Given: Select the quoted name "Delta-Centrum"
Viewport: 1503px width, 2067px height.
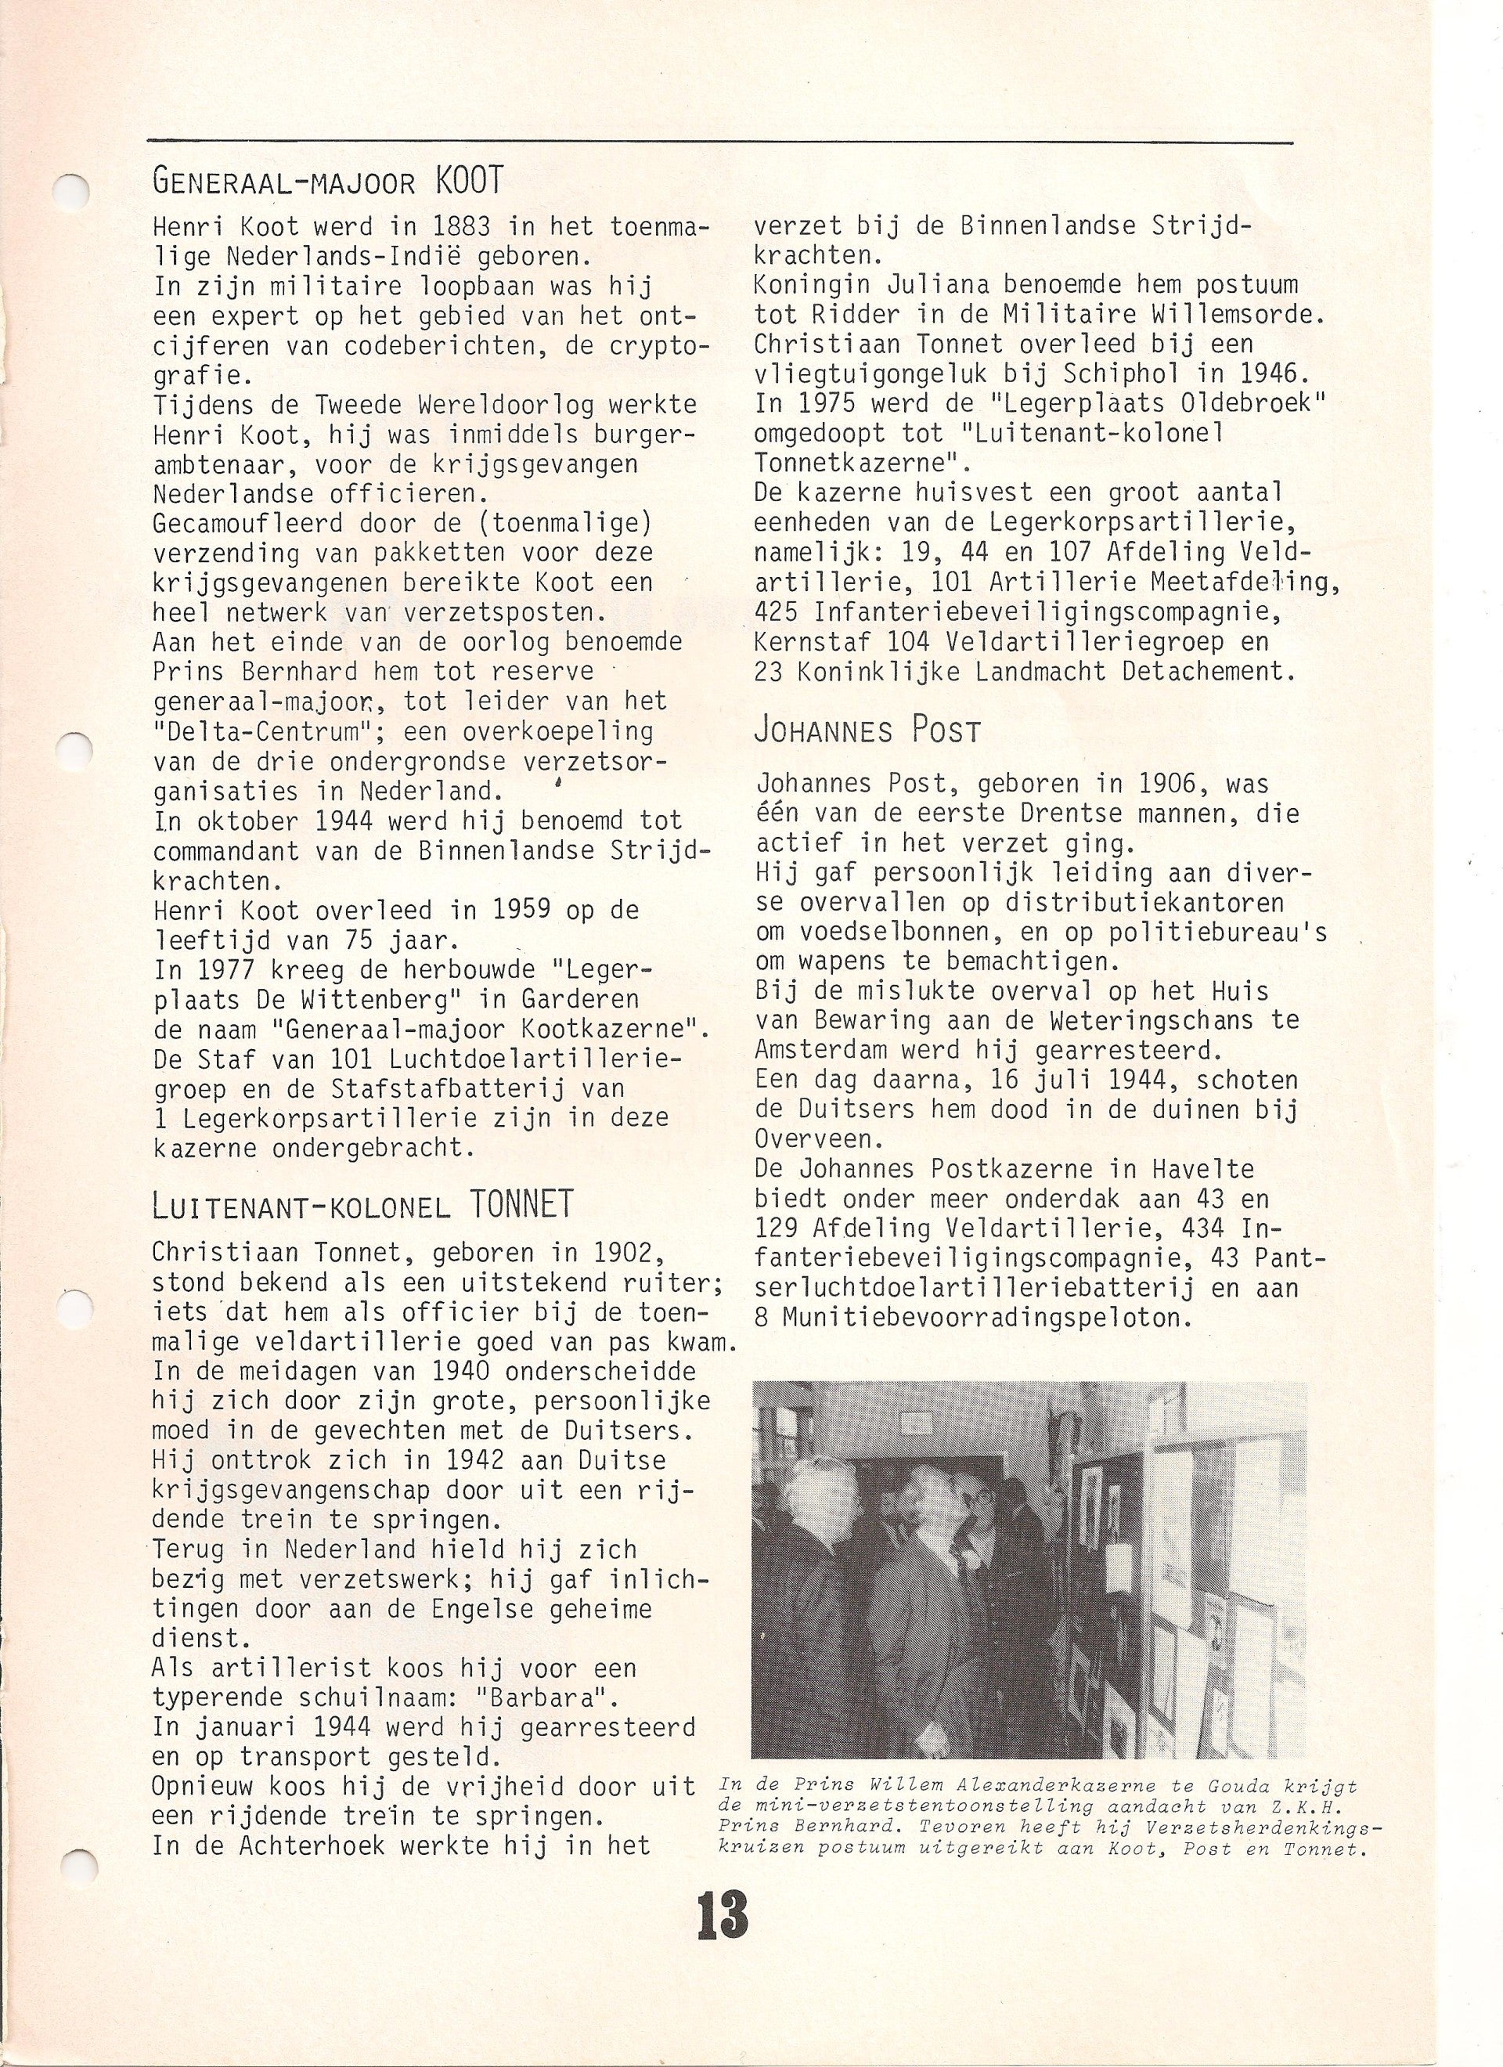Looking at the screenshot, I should (x=234, y=731).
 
